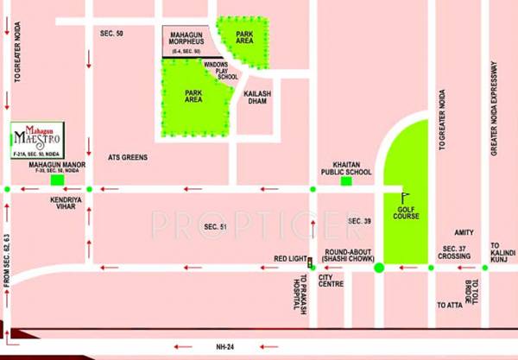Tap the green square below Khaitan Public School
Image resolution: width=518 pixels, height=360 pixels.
click(x=346, y=180)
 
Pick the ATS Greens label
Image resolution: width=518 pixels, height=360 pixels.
click(x=129, y=158)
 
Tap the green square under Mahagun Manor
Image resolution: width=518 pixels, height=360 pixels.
click(x=57, y=180)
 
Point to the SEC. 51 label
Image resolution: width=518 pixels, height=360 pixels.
click(x=215, y=226)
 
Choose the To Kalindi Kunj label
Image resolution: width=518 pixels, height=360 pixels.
click(x=502, y=251)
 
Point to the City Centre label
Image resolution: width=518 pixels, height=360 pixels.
click(x=331, y=282)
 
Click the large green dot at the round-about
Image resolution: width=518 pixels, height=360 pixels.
click(x=378, y=268)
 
